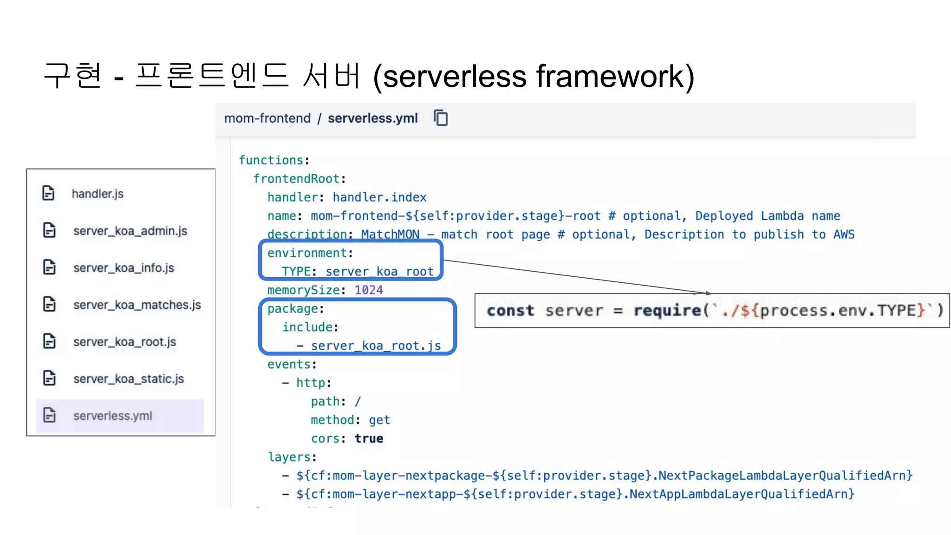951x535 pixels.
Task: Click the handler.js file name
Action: [98, 194]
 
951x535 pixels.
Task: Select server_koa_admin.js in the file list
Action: [130, 231]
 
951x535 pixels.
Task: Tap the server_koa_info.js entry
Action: [124, 268]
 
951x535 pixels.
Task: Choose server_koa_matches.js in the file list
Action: [137, 305]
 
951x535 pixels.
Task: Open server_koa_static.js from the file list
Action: [129, 379]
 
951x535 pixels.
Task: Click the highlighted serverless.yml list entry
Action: [113, 416]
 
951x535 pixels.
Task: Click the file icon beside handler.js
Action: [49, 193]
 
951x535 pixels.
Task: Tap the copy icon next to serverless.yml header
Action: [441, 118]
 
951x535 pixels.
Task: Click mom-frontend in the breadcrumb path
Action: [267, 118]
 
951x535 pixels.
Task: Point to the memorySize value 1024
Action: [369, 290]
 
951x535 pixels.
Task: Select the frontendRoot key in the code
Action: [296, 179]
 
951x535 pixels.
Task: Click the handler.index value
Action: [379, 197]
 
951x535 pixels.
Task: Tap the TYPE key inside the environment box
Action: [296, 272]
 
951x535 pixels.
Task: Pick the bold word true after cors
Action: [369, 438]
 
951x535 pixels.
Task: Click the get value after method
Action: [379, 420]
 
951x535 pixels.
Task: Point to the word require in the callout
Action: [667, 310]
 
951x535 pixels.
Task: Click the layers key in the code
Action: [289, 457]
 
